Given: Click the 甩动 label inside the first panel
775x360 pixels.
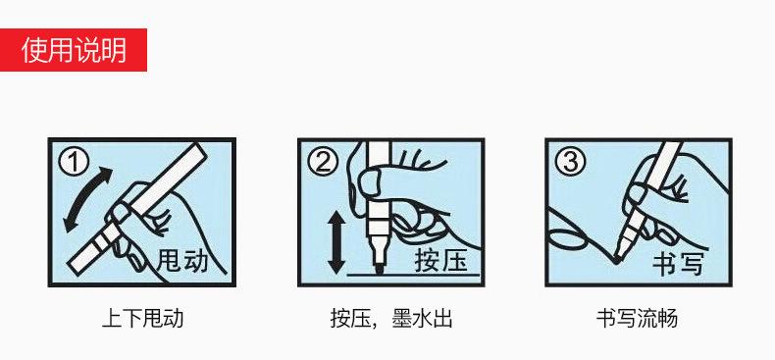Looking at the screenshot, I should click(182, 261).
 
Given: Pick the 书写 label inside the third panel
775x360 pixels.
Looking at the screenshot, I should click(679, 262).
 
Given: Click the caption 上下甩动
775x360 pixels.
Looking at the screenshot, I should click(142, 319).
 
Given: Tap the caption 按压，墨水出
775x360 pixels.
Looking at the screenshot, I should click(390, 319).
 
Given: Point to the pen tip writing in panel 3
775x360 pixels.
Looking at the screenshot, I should click(614, 257).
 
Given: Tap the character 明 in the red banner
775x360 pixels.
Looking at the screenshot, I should click(115, 49).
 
